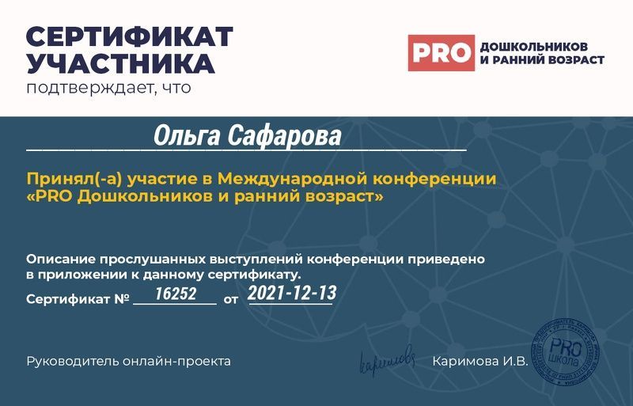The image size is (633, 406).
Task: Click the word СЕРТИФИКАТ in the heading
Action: click(x=130, y=36)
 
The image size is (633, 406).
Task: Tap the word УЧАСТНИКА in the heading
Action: click(x=120, y=63)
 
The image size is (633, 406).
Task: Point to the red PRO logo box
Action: click(x=441, y=53)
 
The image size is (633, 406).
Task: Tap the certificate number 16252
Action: click(x=175, y=294)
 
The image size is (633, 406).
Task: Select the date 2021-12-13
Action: click(x=292, y=294)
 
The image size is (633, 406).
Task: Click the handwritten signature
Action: click(x=387, y=360)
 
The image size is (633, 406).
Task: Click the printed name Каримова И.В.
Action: click(x=479, y=362)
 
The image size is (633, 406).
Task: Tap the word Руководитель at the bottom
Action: click(x=73, y=362)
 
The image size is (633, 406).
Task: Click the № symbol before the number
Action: click(x=122, y=300)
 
